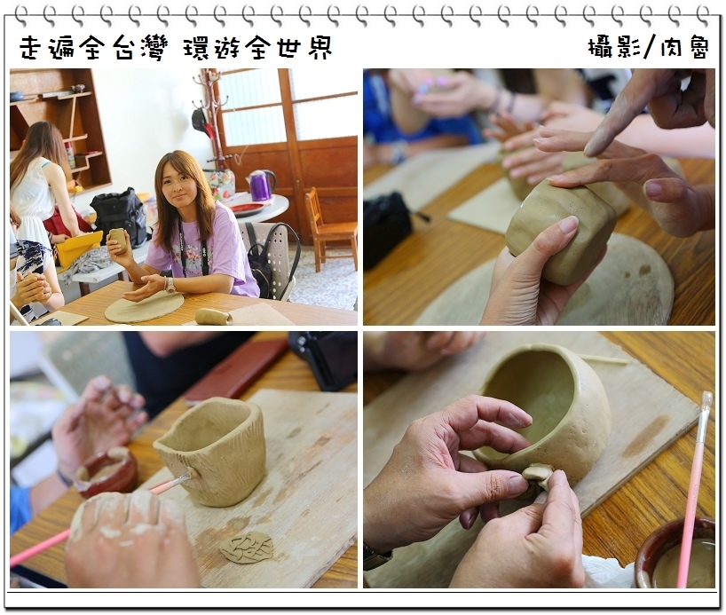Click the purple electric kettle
(262, 185)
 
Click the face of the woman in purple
(175, 183)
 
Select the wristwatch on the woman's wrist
(170, 284)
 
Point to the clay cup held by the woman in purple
(119, 241)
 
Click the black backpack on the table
(120, 217)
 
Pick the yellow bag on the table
(78, 248)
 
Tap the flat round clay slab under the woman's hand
(144, 307)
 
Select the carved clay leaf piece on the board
(247, 547)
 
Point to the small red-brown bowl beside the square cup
(107, 471)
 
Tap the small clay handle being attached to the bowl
(538, 477)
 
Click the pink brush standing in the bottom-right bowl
(692, 488)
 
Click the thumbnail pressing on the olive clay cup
(567, 225)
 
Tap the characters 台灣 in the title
(139, 48)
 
